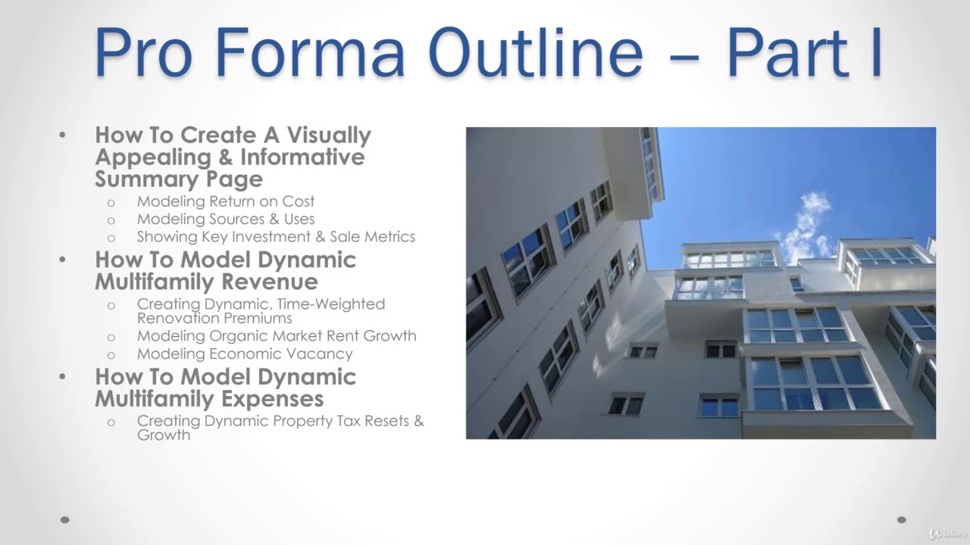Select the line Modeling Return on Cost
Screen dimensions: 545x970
[225, 201]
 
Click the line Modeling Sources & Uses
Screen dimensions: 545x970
[225, 219]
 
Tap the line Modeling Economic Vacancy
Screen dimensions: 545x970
[244, 353]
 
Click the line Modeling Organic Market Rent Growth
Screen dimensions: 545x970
[276, 335]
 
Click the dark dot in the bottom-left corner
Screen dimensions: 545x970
[65, 520]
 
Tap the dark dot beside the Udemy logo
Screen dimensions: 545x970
[902, 520]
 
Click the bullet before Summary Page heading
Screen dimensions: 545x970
[63, 136]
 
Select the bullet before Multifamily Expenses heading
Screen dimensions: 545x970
[63, 377]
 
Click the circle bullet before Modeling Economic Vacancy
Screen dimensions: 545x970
[111, 354]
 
